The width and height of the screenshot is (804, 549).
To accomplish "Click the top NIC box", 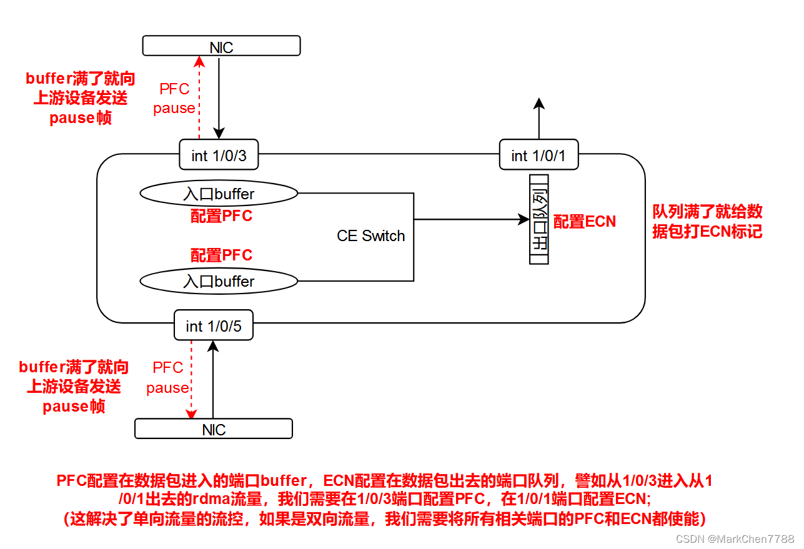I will point(221,46).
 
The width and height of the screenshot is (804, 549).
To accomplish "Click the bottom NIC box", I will point(214,428).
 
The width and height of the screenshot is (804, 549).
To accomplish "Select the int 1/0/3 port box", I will point(219,154).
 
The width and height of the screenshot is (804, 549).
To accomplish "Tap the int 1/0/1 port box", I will point(538,154).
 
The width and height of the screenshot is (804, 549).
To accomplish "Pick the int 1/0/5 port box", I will point(214,325).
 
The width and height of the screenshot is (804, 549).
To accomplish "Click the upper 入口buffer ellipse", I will point(219,194).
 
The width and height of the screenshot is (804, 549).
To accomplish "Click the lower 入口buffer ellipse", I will point(219,281).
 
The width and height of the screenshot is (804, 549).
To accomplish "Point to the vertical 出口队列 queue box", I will point(539,219).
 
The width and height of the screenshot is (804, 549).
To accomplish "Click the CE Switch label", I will point(370,235).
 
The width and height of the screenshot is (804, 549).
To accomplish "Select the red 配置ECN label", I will point(585,221).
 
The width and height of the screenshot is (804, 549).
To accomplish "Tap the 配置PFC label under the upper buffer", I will point(221,216).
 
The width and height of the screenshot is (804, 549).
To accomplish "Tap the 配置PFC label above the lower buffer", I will point(221,255).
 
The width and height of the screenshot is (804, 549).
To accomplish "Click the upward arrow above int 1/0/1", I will point(539,119).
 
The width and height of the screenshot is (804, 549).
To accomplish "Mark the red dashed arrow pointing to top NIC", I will point(199,97).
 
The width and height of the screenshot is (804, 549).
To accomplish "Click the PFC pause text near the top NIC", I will point(174,99).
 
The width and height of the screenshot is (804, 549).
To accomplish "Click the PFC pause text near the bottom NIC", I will point(167,378).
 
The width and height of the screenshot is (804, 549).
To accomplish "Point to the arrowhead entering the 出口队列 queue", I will point(524,219).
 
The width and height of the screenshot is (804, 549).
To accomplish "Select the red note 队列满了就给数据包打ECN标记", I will point(707,221).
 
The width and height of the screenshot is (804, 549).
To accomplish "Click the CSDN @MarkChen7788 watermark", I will point(735,538).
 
